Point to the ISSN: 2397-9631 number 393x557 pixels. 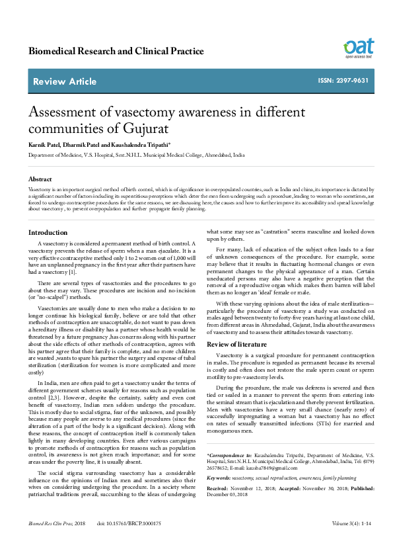[362, 81]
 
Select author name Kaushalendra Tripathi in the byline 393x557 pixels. [139, 144]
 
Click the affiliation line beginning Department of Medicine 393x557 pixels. [136, 155]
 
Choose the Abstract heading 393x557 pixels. [40, 179]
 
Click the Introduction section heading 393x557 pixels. [48, 233]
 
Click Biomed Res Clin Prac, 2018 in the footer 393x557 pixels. [57, 542]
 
